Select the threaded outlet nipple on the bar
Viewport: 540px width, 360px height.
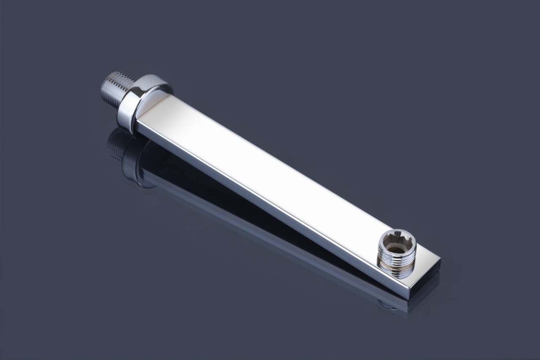(397, 256)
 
